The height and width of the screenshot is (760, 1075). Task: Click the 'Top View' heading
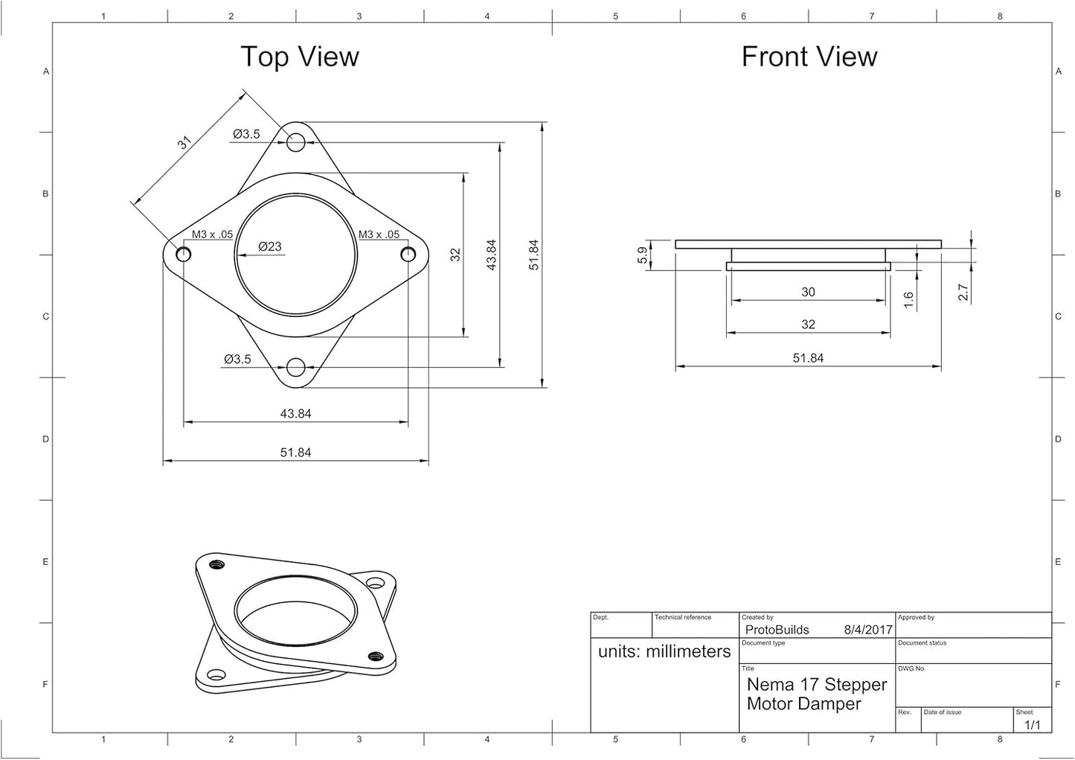pos(300,57)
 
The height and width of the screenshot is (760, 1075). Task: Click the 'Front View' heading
pos(809,57)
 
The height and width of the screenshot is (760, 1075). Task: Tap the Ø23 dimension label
pos(270,246)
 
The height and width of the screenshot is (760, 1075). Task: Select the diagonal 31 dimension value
pos(184,143)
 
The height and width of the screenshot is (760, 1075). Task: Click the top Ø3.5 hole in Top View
pos(295,142)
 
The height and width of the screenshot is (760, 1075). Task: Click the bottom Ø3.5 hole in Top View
pos(295,367)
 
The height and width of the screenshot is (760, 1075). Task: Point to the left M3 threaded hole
pos(183,254)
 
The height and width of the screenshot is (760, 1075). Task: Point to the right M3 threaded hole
pos(408,254)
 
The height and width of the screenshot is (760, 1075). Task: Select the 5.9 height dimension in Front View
pos(643,255)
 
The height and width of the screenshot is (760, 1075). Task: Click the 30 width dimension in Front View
pos(808,292)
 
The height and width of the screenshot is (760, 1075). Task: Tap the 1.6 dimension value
pos(908,300)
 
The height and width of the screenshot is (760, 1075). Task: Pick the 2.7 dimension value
pos(963,292)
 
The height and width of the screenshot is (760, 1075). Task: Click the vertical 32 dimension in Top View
pos(455,255)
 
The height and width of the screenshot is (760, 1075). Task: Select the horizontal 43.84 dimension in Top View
pos(295,413)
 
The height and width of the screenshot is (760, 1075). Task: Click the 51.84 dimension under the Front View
pos(808,358)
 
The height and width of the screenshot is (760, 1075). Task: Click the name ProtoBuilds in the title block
pos(777,630)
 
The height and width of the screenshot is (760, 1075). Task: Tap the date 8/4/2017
pos(868,630)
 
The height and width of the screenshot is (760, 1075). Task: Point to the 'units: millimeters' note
pos(664,651)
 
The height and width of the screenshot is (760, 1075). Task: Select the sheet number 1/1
pos(1033,725)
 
